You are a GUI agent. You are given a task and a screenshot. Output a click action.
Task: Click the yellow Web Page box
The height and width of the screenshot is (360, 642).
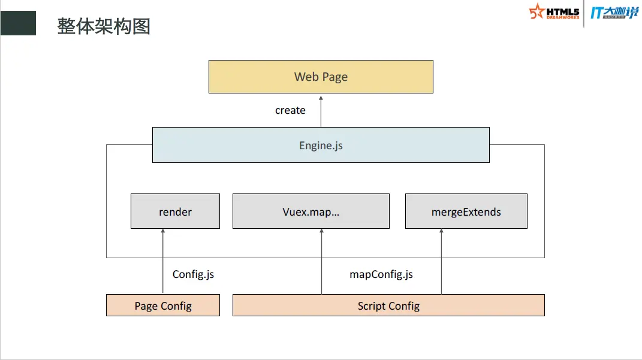(x=321, y=77)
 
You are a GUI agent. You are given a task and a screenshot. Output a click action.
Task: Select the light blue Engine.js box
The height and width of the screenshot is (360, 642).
(x=321, y=145)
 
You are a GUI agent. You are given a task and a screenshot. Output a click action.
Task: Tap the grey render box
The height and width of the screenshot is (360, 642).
(x=175, y=211)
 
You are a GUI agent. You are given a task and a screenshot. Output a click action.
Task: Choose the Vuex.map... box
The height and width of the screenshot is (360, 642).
(x=311, y=211)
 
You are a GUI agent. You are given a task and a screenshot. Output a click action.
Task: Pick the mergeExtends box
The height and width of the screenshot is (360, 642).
(x=466, y=211)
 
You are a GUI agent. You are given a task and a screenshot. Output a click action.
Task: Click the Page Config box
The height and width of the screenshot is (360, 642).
(x=163, y=305)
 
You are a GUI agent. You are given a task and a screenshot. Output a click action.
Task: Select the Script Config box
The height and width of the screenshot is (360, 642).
(x=388, y=305)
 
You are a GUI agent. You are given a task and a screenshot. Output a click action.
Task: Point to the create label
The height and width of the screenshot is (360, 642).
(x=290, y=110)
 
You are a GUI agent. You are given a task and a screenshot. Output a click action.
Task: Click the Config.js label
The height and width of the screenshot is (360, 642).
(x=193, y=274)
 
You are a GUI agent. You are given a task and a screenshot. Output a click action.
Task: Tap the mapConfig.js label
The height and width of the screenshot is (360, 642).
(x=381, y=274)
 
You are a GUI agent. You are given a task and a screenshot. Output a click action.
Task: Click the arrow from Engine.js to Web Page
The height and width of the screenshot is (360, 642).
(x=321, y=111)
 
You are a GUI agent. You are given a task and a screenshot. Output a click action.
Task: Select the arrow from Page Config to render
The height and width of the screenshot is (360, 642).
(x=163, y=261)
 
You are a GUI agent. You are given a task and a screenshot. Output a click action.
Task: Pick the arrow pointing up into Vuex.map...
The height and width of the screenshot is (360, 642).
(x=322, y=261)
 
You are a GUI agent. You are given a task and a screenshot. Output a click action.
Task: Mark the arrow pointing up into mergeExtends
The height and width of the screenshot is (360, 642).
(x=441, y=261)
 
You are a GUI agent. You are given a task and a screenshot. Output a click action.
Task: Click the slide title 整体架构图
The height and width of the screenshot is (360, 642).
(x=104, y=26)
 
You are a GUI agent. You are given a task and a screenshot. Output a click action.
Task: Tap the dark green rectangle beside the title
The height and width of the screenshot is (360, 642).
(x=18, y=23)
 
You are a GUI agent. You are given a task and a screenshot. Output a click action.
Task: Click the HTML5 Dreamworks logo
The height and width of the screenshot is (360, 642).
(x=554, y=12)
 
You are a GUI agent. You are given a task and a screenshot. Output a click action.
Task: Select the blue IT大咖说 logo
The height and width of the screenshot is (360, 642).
(x=614, y=13)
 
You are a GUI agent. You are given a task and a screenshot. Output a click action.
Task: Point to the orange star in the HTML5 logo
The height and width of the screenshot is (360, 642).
(x=536, y=11)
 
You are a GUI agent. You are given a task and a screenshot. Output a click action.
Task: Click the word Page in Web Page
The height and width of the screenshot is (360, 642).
(x=335, y=77)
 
